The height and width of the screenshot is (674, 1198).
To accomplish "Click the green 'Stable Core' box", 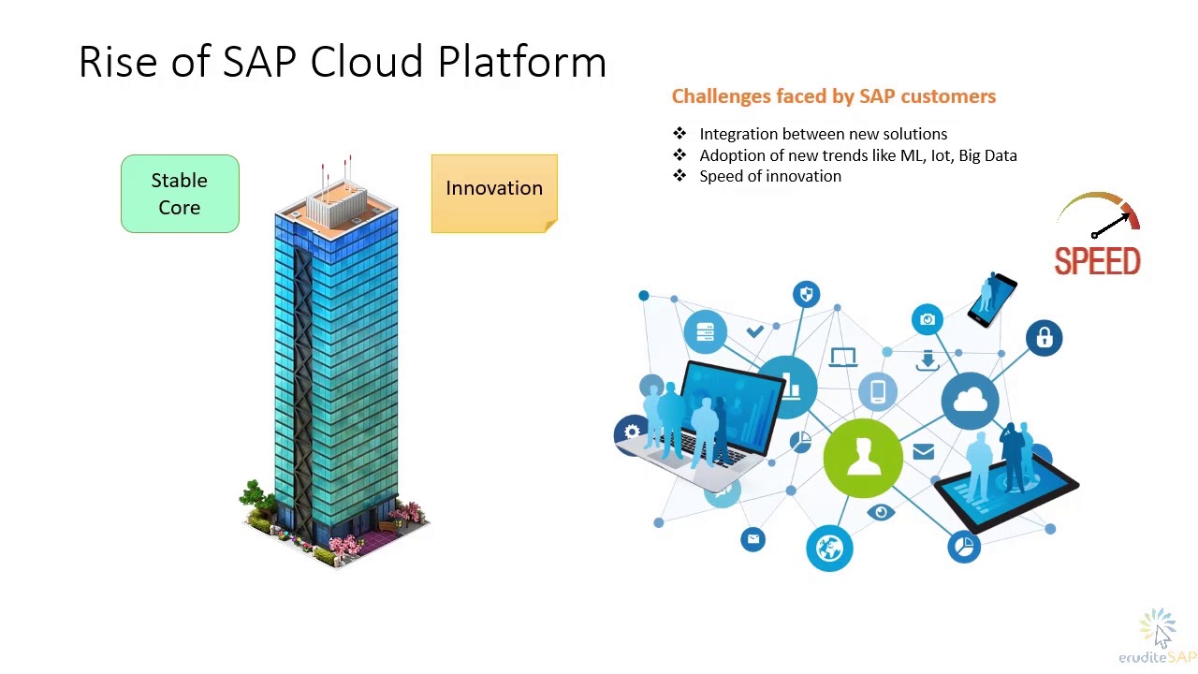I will click(x=180, y=194).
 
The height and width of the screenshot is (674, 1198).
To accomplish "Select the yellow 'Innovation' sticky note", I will click(x=494, y=193).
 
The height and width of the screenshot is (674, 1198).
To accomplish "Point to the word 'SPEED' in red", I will click(x=1097, y=262).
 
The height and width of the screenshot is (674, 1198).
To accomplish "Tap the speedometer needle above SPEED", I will click(x=1111, y=225).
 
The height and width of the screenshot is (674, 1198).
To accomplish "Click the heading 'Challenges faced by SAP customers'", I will click(x=833, y=96).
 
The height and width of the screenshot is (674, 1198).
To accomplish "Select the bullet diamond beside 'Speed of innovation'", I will click(x=679, y=176).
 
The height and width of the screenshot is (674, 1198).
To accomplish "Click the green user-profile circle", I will click(x=863, y=458).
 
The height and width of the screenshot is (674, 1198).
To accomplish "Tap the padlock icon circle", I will click(x=1044, y=338).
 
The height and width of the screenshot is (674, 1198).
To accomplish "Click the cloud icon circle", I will click(x=970, y=403).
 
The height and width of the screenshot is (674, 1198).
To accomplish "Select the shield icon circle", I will click(x=806, y=295).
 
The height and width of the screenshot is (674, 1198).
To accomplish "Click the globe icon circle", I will click(x=829, y=548).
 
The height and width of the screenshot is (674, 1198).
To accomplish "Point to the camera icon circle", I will click(x=927, y=320).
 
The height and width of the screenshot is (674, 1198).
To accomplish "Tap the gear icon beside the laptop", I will click(x=632, y=432).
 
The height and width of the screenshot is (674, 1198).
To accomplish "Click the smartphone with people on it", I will click(x=992, y=300).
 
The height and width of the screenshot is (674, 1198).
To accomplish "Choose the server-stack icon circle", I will click(x=706, y=332).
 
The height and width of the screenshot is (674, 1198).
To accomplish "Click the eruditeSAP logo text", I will click(x=1157, y=657).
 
